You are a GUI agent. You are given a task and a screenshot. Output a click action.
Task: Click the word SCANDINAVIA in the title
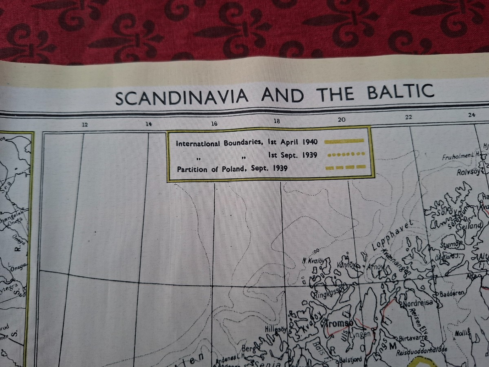[x=182, y=97]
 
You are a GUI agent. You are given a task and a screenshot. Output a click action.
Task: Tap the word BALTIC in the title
[x=400, y=93]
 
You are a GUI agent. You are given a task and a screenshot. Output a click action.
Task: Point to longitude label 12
[x=85, y=125]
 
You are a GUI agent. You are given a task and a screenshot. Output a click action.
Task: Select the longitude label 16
[x=214, y=124]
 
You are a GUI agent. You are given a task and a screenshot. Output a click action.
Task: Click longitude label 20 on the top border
[x=341, y=119]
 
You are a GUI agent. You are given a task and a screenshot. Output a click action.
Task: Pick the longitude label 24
[x=471, y=115]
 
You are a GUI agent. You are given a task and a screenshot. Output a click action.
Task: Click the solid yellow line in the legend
[x=344, y=141]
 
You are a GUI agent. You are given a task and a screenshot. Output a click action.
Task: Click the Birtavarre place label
[x=413, y=337]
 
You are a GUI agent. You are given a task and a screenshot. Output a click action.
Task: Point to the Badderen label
[x=452, y=294]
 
